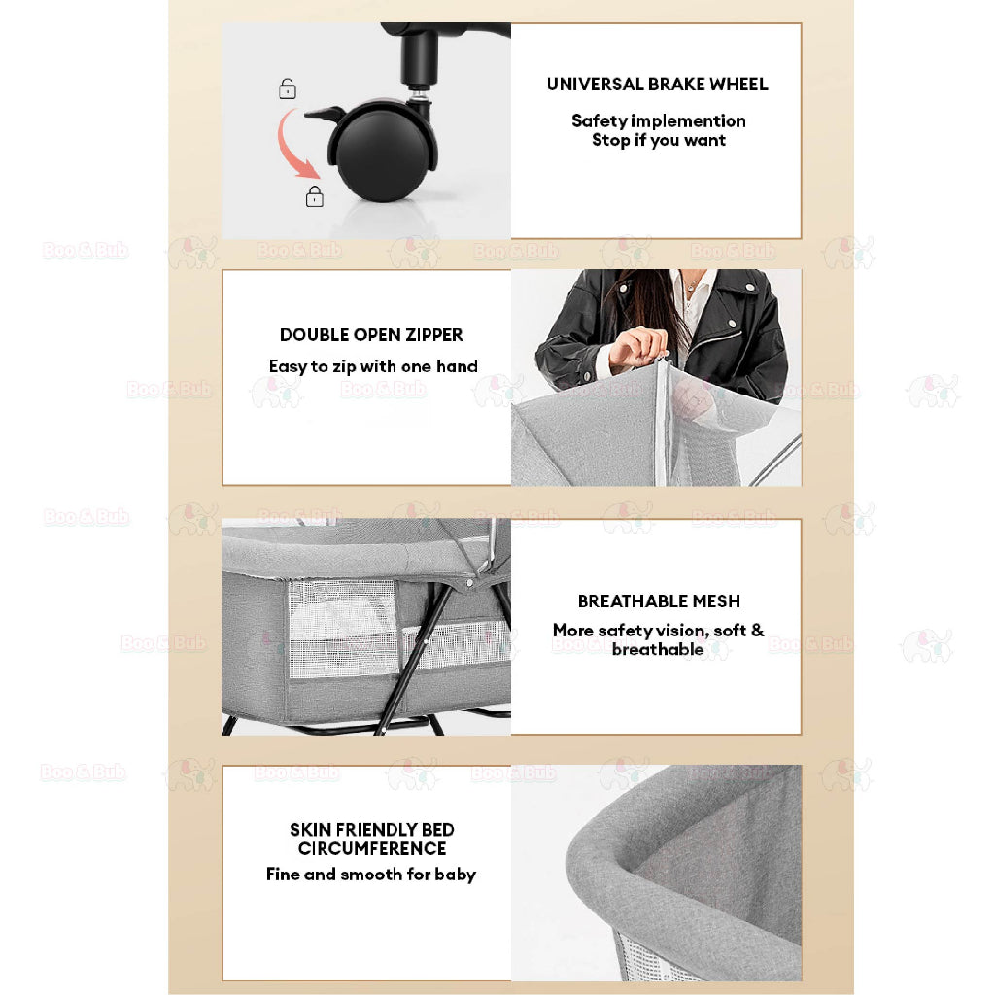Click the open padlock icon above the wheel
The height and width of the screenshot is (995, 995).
coord(288,88)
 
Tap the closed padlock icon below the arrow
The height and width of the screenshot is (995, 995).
coord(314,196)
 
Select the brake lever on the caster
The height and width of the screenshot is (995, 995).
coord(325,115)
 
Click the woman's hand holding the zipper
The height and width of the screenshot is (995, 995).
coord(637,347)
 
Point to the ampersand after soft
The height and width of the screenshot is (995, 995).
coord(757,630)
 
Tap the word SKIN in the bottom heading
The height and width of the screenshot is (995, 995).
coord(311,830)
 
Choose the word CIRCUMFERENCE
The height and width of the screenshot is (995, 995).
coord(372,849)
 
